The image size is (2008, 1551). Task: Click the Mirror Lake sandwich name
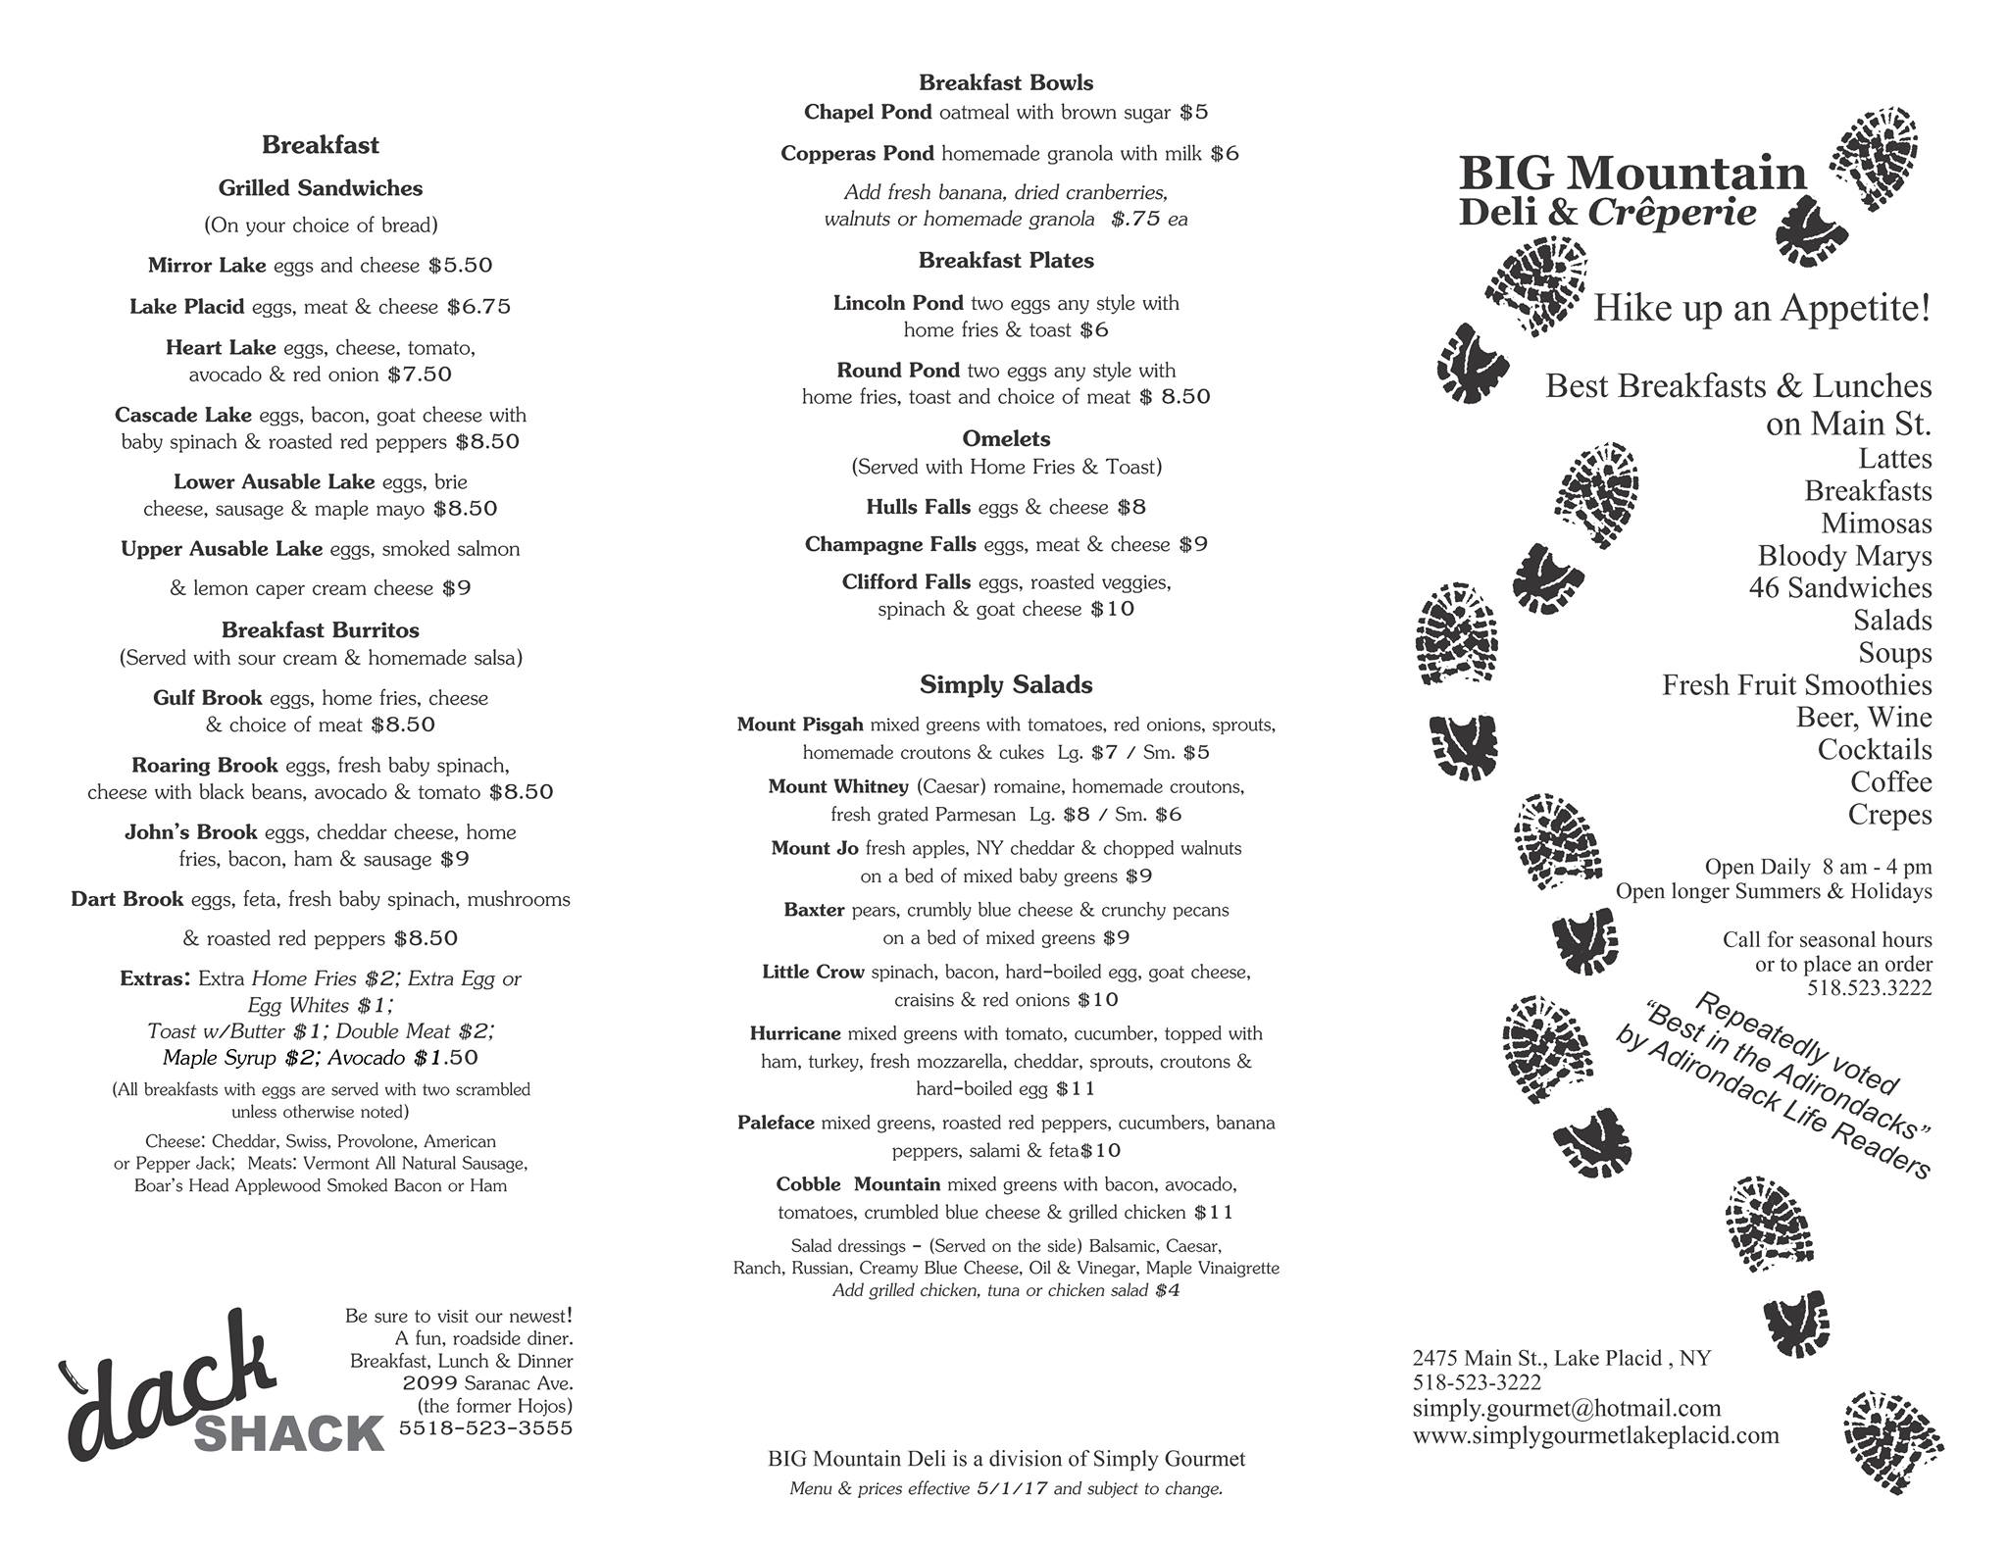207,266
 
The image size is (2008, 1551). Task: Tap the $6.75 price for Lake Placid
478,307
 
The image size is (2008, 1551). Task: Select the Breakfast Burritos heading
320,630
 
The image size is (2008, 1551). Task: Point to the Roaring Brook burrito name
205,765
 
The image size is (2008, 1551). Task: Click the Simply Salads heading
1006,684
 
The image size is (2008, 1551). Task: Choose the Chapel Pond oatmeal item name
868,113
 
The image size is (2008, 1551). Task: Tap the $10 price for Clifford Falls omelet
1112,609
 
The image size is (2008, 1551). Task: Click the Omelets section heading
1006,438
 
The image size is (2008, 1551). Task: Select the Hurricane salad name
795,1033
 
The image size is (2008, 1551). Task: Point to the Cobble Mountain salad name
858,1184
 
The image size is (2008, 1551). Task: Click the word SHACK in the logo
289,1434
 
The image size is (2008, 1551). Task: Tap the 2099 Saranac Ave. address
487,1383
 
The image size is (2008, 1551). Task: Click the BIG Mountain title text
1631,174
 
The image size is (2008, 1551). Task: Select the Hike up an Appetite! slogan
1762,308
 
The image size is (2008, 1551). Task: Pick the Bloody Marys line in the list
1844,556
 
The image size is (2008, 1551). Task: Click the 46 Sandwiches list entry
1839,588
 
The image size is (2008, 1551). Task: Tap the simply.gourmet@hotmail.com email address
1566,1409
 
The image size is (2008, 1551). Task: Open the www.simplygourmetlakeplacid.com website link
1595,1435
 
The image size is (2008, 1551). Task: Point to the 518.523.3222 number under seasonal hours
1869,988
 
